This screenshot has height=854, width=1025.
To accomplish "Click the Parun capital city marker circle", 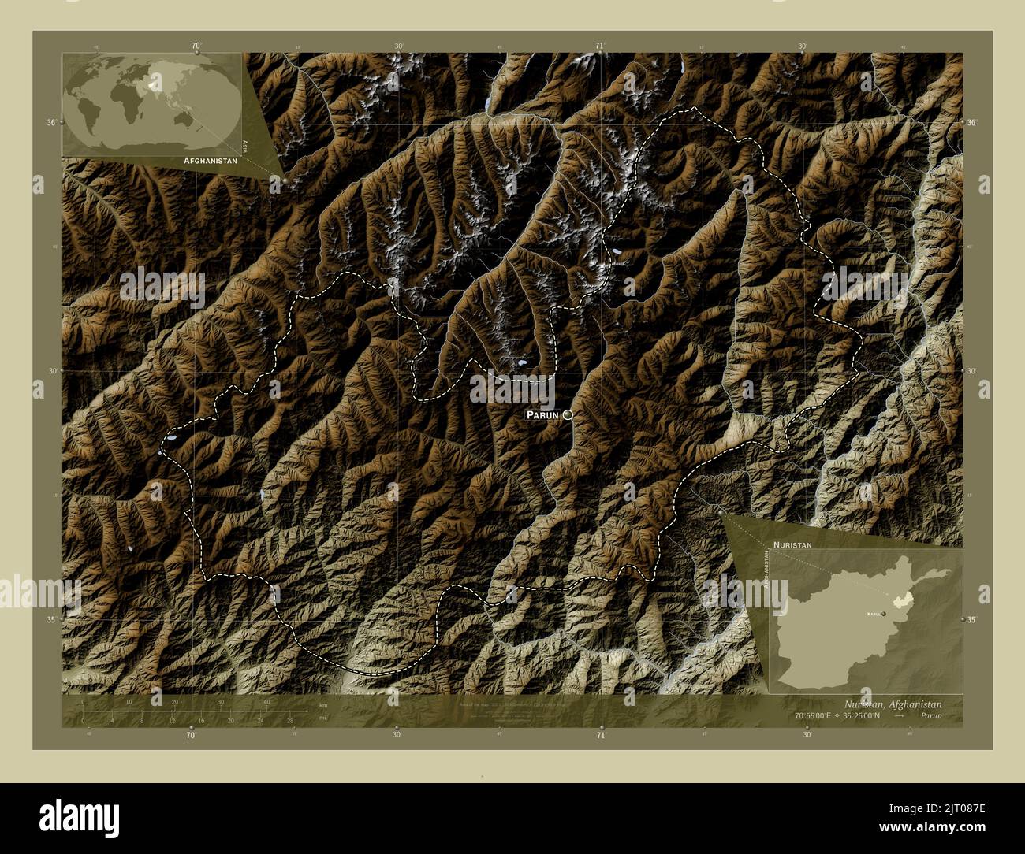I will coord(568,414).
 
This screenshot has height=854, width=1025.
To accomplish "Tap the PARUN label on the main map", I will coord(542,414).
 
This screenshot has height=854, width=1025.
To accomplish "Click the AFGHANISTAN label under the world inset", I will coord(210,160).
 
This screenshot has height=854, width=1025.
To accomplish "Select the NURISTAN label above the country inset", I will coord(792,545).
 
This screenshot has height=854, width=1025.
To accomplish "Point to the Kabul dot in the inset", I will coord(884,613).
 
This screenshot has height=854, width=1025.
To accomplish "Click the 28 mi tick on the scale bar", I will coord(290,720).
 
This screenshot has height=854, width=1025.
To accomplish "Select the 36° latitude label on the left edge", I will coord(51,123).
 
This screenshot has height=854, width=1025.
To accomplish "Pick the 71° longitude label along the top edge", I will coord(600,46).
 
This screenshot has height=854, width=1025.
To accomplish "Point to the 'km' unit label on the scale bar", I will coord(322,704).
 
